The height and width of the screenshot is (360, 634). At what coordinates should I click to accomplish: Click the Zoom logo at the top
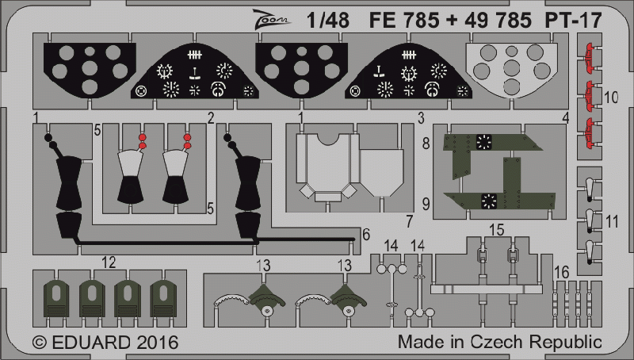[271, 19]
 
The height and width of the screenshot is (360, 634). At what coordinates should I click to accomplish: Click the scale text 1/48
[328, 21]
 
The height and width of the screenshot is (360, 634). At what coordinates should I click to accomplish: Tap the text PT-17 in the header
[573, 21]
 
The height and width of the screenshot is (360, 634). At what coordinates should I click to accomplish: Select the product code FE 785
[404, 21]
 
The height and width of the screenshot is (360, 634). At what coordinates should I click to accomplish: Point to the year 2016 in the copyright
[157, 343]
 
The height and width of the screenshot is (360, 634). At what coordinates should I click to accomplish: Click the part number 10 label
[611, 98]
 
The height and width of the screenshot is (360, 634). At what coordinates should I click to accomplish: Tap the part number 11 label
[612, 222]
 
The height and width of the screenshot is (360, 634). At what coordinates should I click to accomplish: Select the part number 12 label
[109, 262]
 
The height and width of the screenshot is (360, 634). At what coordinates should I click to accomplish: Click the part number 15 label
[497, 230]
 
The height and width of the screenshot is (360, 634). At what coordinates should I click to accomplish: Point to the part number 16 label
[562, 272]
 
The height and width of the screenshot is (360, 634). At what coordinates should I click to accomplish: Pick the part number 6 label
[366, 235]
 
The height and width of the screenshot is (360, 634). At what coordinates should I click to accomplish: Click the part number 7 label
[410, 222]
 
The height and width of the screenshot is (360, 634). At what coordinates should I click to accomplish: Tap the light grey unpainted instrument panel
[511, 70]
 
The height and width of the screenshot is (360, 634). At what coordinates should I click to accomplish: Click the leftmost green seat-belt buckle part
[56, 299]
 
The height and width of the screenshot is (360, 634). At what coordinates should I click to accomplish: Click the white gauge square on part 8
[484, 142]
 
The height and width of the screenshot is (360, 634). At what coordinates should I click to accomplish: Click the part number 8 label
[426, 144]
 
